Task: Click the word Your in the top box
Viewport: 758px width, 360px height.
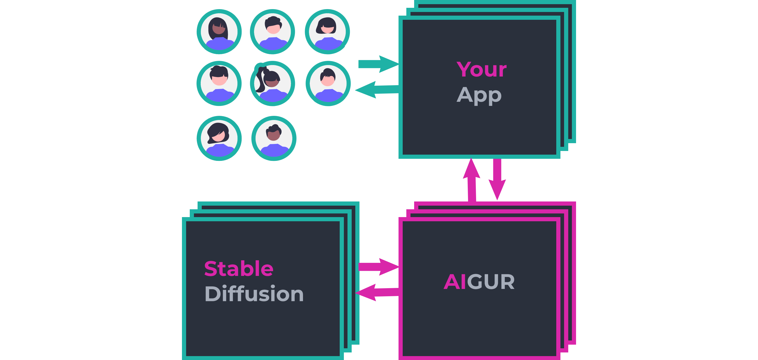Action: (481, 70)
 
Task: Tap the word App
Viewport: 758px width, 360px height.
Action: (479, 95)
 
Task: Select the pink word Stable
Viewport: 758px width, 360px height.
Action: (239, 268)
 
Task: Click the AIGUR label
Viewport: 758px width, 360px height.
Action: (479, 282)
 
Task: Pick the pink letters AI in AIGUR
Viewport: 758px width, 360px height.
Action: (455, 282)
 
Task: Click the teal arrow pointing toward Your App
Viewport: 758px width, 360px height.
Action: (378, 64)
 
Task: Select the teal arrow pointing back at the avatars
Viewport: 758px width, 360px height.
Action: (377, 90)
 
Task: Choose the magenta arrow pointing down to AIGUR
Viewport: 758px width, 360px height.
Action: (497, 180)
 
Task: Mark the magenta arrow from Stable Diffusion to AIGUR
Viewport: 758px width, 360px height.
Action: (378, 267)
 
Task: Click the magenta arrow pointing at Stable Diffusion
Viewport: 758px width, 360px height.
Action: (377, 292)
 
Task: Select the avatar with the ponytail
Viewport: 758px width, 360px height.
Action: (273, 83)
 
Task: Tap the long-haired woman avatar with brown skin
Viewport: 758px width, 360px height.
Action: (219, 32)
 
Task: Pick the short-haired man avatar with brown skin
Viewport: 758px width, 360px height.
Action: (274, 138)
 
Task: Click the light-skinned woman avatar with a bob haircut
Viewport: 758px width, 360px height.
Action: (327, 32)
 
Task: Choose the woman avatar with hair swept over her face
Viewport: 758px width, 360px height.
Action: (219, 138)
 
